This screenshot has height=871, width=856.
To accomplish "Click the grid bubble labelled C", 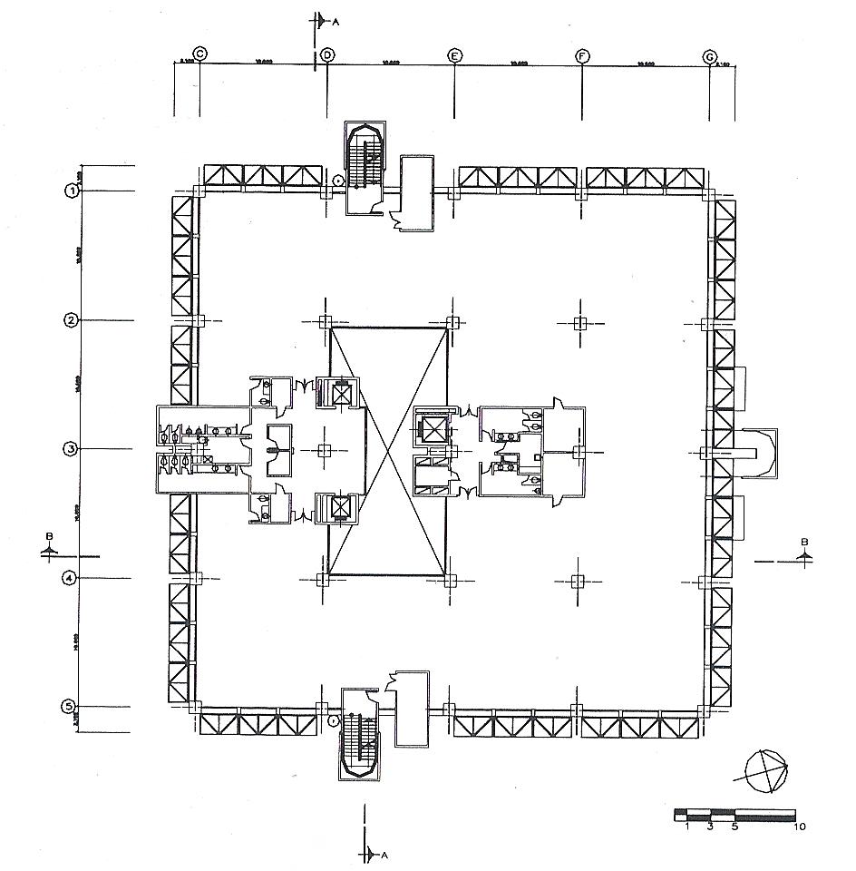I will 200,54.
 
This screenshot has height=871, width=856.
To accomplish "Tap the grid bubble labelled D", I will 327,54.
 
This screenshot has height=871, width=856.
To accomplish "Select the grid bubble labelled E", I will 454,55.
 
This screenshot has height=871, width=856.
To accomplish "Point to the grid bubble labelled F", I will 582,56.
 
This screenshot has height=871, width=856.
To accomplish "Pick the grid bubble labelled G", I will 710,56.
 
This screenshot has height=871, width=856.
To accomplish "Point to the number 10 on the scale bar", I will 800,827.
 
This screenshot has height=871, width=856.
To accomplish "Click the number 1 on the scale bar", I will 688,827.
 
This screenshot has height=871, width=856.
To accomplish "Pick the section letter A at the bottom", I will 384,855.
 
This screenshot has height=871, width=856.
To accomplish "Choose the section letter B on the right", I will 804,543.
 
